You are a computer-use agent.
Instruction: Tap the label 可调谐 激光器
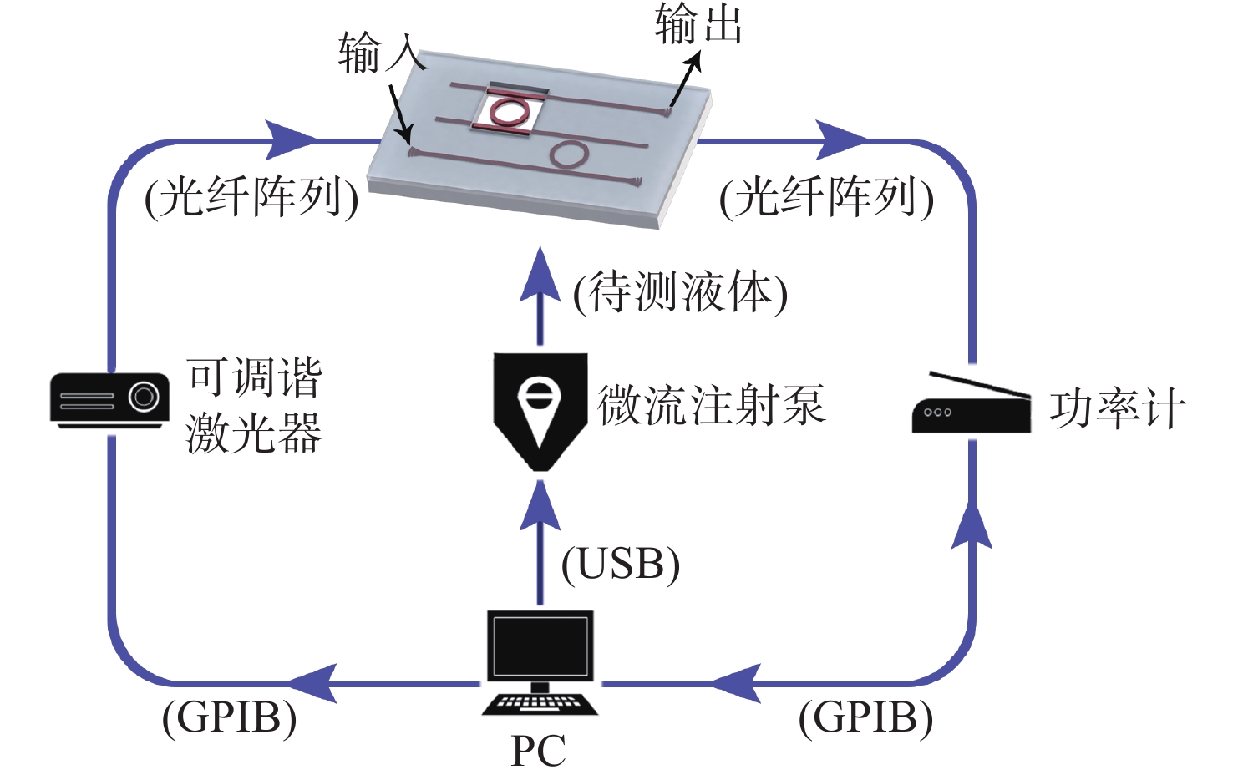pyautogui.click(x=254, y=406)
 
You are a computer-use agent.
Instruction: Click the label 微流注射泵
pyautogui.click(x=711, y=405)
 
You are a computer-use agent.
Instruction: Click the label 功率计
pyautogui.click(x=1117, y=408)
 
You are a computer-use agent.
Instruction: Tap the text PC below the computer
pyautogui.click(x=539, y=750)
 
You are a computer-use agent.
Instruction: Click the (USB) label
pyautogui.click(x=620, y=565)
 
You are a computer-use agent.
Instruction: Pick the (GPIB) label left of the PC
pyautogui.click(x=230, y=717)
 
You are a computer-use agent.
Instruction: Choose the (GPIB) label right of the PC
pyautogui.click(x=865, y=717)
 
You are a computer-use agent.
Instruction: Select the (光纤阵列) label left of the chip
pyautogui.click(x=251, y=198)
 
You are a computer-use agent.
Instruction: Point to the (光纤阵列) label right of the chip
pyautogui.click(x=826, y=198)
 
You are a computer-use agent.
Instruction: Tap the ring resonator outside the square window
pyautogui.click(x=569, y=153)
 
